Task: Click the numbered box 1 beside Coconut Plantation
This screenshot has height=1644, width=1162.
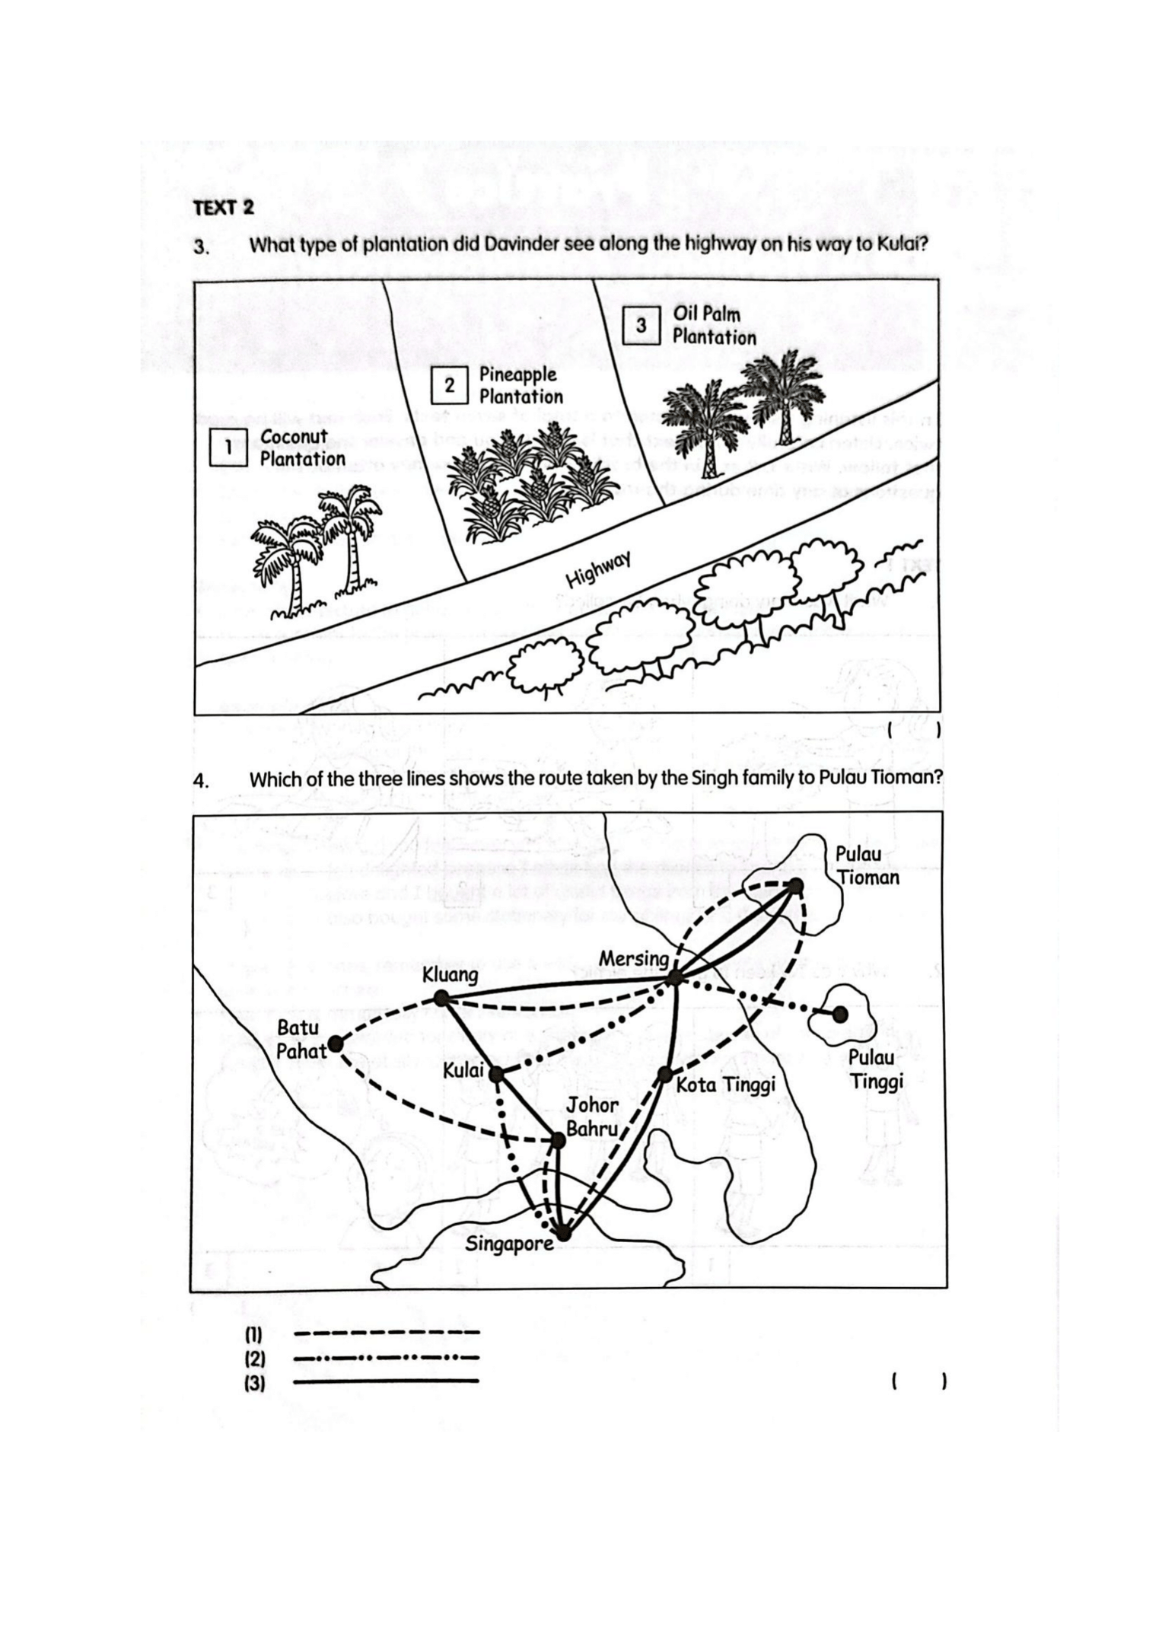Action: (x=228, y=447)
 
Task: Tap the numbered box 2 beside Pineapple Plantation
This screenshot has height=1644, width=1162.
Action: (x=449, y=385)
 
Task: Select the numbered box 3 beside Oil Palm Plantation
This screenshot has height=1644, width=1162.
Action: (x=641, y=325)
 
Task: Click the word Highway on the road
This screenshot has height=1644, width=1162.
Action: (x=599, y=571)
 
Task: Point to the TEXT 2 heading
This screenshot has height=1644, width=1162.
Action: (x=223, y=207)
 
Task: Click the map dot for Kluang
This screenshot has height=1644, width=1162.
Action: (x=441, y=998)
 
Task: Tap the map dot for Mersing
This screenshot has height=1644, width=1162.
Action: (x=674, y=978)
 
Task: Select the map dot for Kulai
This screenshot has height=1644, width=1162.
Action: (x=495, y=1074)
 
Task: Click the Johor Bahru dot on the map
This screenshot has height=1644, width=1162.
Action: (x=557, y=1139)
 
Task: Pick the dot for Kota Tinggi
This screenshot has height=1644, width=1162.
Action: (x=664, y=1075)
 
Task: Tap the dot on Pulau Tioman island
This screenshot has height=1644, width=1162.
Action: (x=795, y=885)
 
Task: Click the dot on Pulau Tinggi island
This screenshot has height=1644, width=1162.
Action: (x=839, y=1015)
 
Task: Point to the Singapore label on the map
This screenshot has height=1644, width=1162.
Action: (x=509, y=1244)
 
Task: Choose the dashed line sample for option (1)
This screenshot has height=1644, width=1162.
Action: (x=386, y=1333)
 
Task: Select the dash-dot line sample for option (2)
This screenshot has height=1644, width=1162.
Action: (x=386, y=1357)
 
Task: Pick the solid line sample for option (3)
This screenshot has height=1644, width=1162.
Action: (x=386, y=1381)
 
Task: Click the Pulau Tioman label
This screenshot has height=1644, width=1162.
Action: (x=867, y=865)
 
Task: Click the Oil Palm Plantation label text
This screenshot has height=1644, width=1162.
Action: (x=713, y=325)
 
